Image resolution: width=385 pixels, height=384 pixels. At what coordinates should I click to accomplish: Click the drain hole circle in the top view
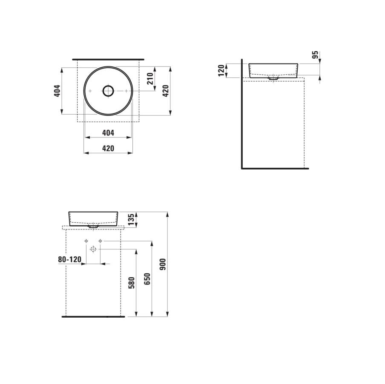click(108, 91)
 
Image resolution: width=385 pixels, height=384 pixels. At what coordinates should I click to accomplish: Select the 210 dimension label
click(150, 78)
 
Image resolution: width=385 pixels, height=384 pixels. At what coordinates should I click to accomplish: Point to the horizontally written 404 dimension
click(108, 133)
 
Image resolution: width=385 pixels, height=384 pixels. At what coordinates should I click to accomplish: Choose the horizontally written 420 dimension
click(108, 149)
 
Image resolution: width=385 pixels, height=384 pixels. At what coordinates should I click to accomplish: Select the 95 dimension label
click(315, 54)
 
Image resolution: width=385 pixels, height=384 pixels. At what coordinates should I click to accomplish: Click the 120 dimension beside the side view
click(221, 70)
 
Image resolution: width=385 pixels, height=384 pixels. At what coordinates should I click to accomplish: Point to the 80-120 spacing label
click(69, 259)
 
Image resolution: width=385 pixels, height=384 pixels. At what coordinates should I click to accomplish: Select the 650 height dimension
click(147, 278)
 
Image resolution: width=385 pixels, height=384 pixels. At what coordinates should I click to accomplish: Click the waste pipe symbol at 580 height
click(94, 249)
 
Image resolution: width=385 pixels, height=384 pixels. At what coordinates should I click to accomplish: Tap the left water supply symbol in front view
click(86, 241)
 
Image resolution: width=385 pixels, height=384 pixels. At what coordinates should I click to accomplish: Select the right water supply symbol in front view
click(100, 241)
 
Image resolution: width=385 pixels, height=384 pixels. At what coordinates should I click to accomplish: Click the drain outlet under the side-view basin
click(273, 78)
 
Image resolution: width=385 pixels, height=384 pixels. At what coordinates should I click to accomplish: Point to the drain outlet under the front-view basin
click(93, 227)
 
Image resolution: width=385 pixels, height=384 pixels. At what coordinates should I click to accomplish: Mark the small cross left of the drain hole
click(90, 91)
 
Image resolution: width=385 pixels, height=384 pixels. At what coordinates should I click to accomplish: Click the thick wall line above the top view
click(108, 59)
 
